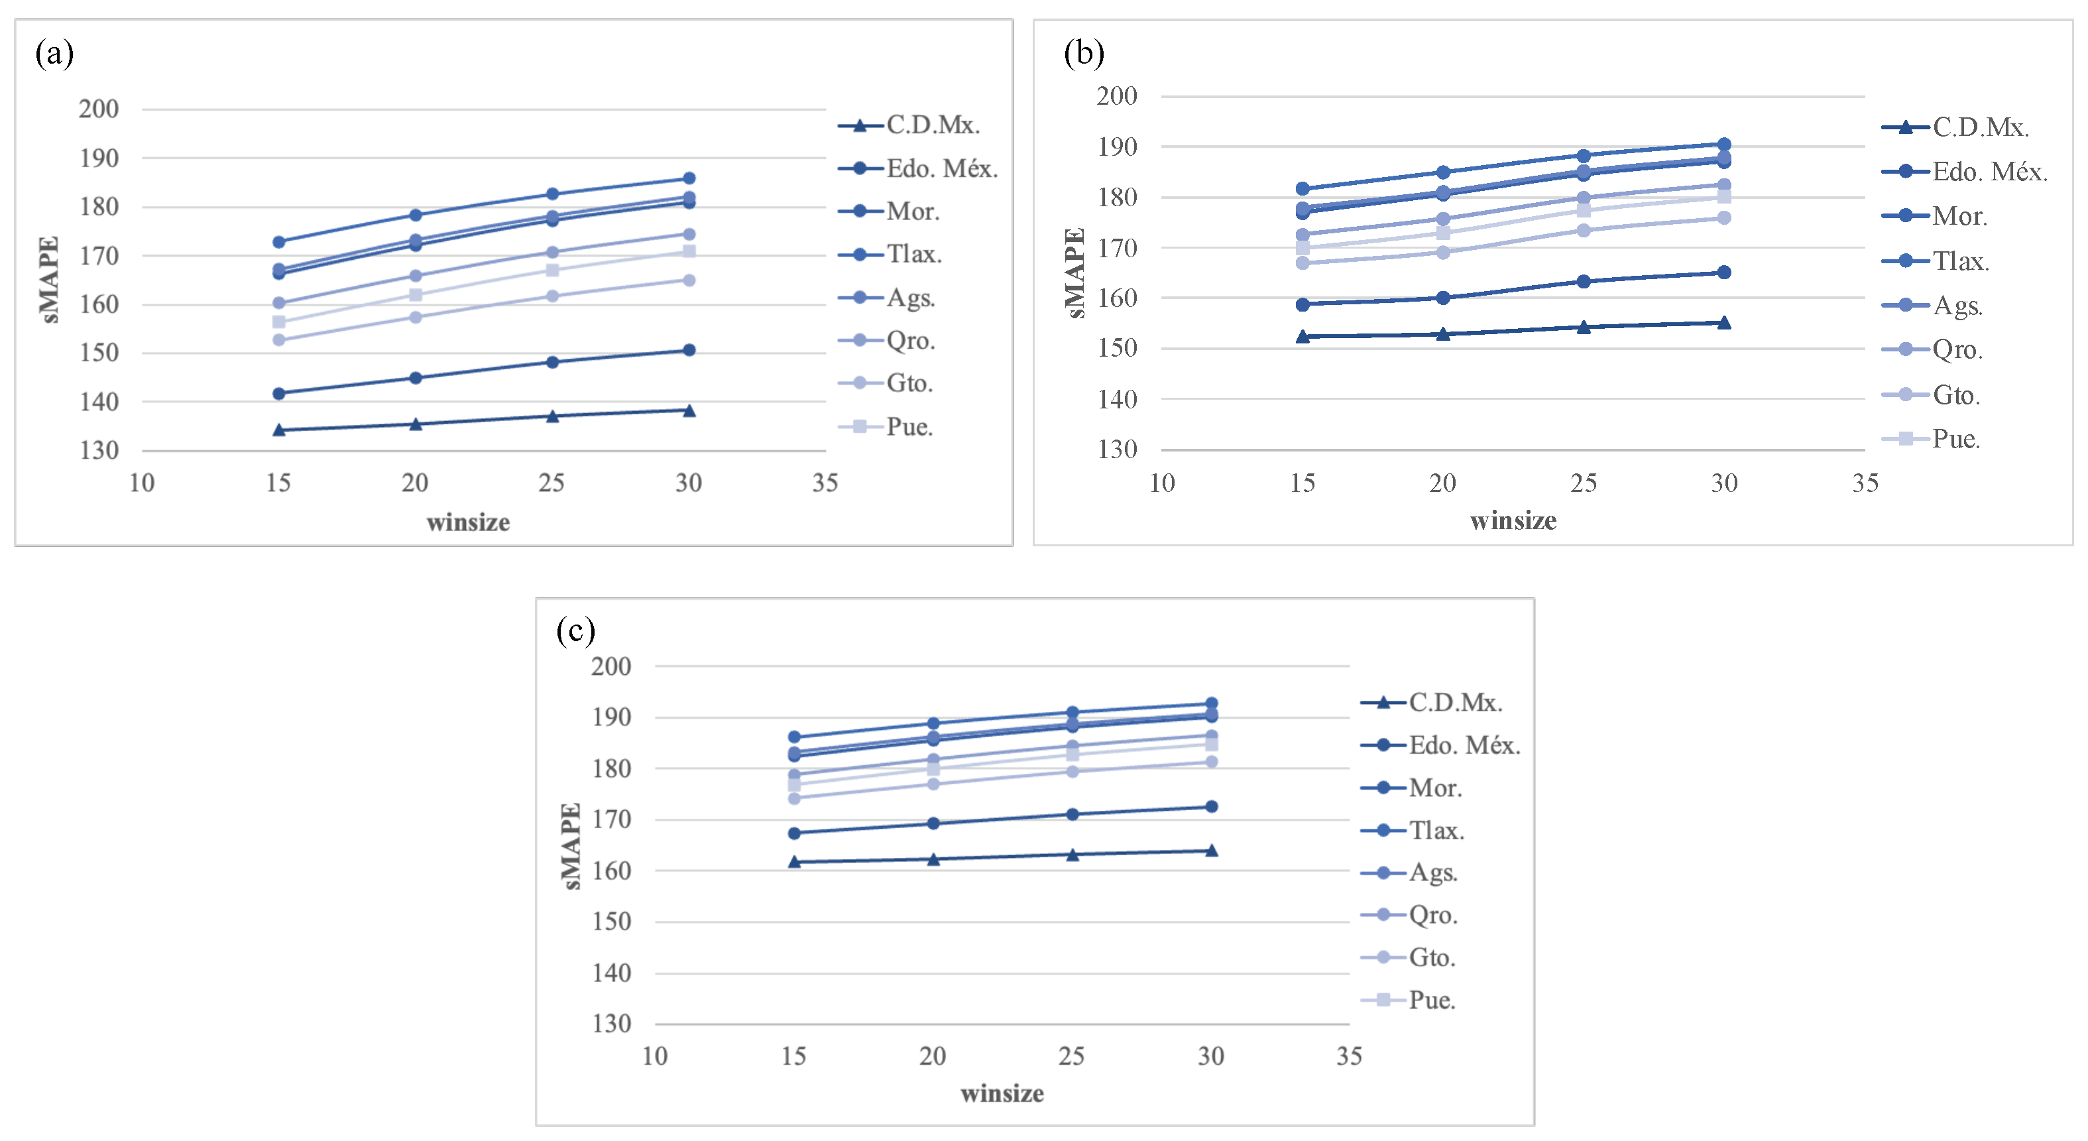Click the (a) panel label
pos(54,54)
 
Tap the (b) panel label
pos(1084,54)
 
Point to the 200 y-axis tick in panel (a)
pos(99,109)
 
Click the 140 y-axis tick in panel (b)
pos(1117,398)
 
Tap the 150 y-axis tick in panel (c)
pos(611,922)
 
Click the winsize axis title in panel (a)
pos(468,522)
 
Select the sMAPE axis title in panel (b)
pos(1074,273)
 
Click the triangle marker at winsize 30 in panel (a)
pos(689,410)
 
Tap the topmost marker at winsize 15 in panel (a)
pos(279,242)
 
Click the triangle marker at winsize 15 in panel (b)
pos(1303,337)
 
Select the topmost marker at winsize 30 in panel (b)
pos(1724,145)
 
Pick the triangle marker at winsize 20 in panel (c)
pos(933,859)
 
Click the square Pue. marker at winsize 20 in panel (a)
pos(416,294)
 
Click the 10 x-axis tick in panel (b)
pos(1161,483)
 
